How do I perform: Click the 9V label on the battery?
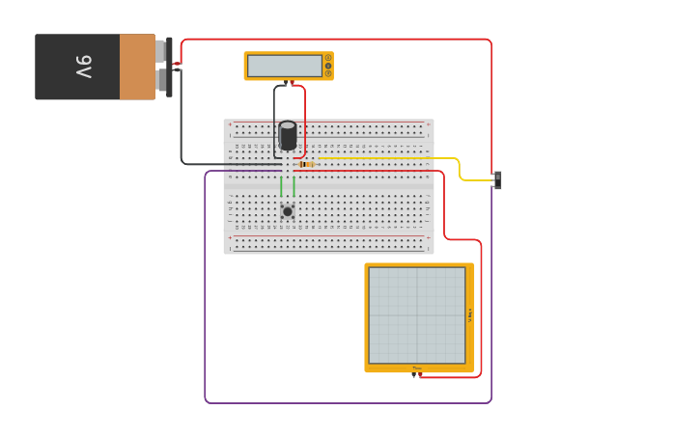click(84, 67)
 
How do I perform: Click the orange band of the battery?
click(137, 67)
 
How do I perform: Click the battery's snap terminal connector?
click(169, 67)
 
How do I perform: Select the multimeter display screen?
click(284, 66)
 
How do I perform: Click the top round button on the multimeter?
click(328, 58)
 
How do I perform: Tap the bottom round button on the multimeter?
click(328, 73)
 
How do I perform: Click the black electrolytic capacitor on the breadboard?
click(288, 135)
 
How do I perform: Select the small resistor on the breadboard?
click(306, 165)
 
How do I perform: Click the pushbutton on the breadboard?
click(287, 211)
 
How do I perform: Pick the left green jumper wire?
click(281, 185)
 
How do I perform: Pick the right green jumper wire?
click(294, 185)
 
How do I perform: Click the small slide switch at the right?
click(497, 180)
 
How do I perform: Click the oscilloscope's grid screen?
click(416, 314)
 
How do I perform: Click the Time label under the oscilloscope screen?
click(417, 368)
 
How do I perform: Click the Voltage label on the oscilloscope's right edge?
click(470, 314)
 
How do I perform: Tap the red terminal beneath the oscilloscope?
click(420, 374)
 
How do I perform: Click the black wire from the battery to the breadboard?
click(182, 125)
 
